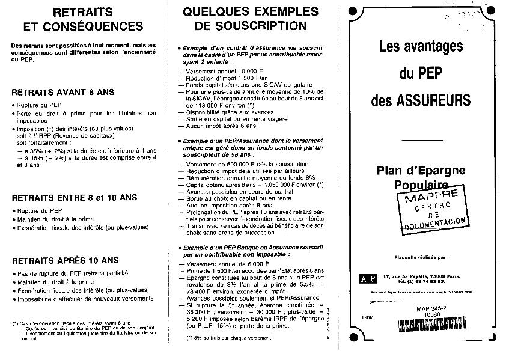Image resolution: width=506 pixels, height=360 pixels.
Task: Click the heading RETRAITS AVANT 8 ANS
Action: pos(63,93)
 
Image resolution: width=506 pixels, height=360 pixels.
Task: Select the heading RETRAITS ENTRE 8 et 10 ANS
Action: pos(75,197)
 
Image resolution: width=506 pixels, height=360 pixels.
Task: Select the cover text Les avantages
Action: pos(421,46)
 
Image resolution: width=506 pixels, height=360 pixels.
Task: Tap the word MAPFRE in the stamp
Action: pos(434,195)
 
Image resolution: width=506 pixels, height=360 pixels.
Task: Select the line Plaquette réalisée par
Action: pos(420,256)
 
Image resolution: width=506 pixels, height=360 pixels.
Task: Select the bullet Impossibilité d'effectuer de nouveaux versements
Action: pos(85,298)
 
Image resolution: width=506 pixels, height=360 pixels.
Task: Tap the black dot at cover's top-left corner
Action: pos(353,10)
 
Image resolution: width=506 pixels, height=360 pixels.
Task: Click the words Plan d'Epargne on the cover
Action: pos(421,171)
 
